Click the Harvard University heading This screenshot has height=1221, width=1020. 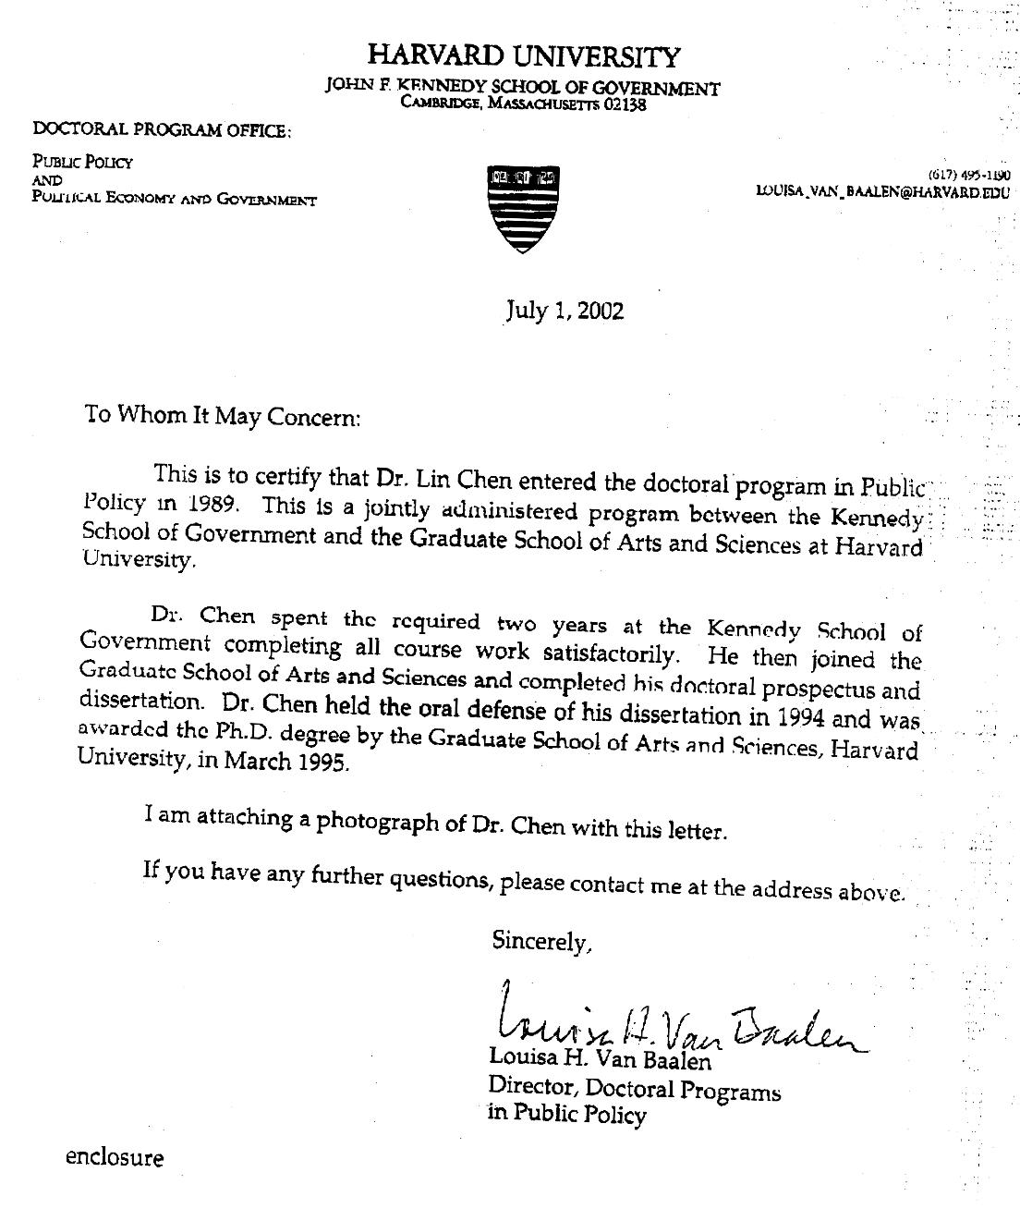524,56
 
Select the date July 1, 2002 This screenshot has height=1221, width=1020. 565,310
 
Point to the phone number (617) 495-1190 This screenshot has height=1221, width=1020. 968,174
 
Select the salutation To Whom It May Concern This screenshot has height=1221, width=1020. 221,415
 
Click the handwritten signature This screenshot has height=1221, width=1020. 674,1021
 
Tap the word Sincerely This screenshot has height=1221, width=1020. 540,941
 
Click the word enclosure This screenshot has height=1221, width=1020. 115,1157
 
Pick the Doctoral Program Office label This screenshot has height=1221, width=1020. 162,130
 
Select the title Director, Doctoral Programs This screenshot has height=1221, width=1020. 635,1090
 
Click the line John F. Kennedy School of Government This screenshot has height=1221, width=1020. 523,88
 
